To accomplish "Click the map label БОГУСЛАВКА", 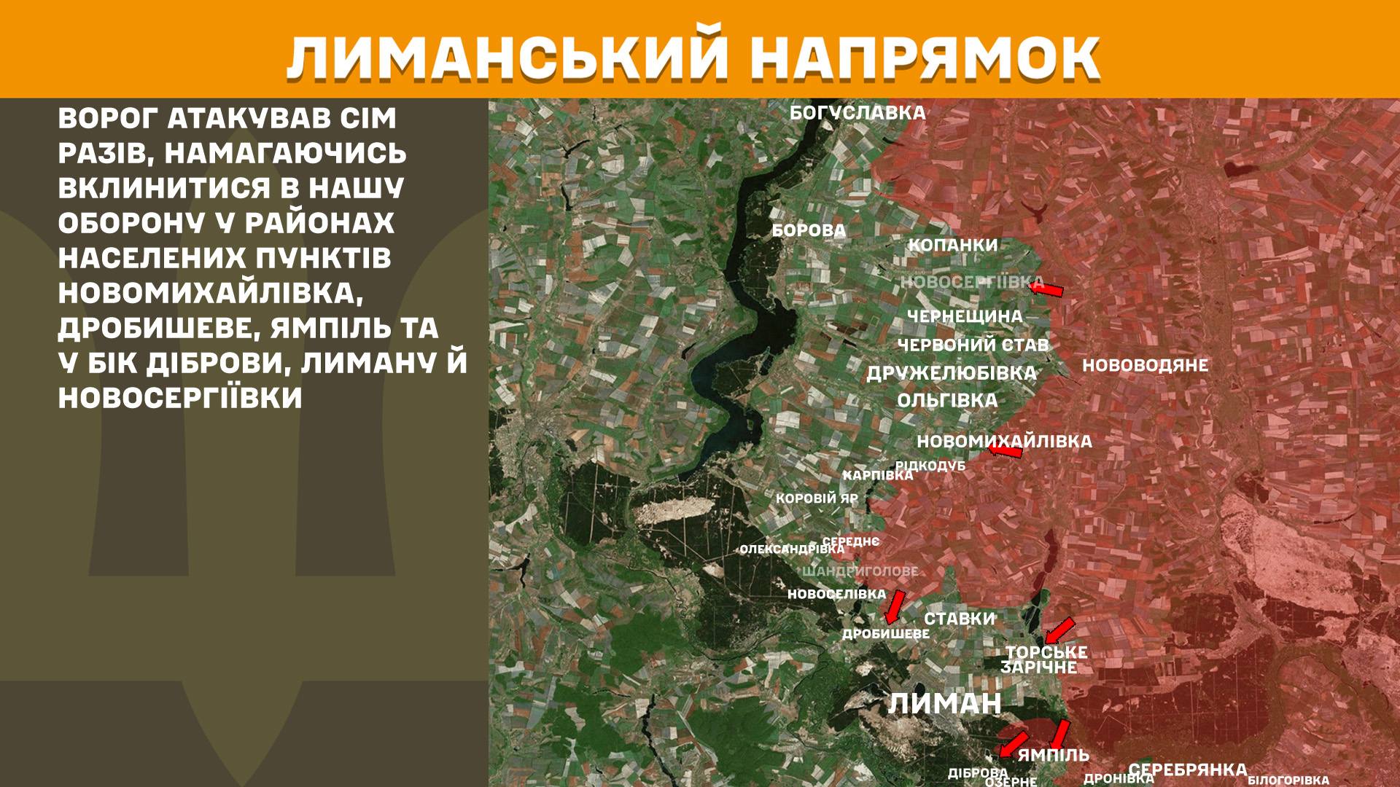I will point(857,113).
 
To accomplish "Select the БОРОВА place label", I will point(809,231).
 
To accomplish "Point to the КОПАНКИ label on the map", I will point(952,245).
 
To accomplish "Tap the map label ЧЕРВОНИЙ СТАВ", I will point(973,345).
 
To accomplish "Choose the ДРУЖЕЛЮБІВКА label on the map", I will point(951,373).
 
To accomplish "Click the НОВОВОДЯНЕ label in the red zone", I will point(1145,365).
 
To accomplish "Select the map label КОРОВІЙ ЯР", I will point(817,499).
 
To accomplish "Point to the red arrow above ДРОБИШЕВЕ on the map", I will point(894,606).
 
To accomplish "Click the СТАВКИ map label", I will point(960,619).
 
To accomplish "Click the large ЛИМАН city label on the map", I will point(945,704).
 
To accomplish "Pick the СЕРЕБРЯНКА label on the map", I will point(1187,770).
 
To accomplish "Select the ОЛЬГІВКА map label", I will point(947,400).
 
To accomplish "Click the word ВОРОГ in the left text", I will point(110,120).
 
